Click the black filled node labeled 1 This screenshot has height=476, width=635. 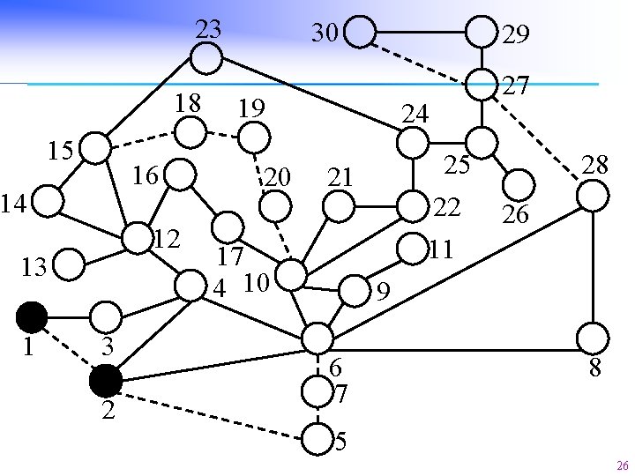[32, 316]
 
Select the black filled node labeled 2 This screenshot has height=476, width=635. [105, 380]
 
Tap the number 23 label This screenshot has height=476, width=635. [207, 29]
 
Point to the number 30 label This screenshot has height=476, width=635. [325, 33]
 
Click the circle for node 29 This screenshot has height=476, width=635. [481, 33]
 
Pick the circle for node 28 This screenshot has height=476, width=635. [594, 196]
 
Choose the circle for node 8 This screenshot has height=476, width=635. [593, 338]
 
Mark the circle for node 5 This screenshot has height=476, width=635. [317, 436]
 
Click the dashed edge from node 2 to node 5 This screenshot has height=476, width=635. [212, 409]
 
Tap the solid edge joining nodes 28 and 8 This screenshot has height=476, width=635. [594, 266]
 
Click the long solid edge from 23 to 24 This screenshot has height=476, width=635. [309, 94]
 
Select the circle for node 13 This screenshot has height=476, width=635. [70, 263]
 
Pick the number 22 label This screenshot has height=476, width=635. [447, 208]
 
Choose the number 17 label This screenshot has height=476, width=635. [230, 257]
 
